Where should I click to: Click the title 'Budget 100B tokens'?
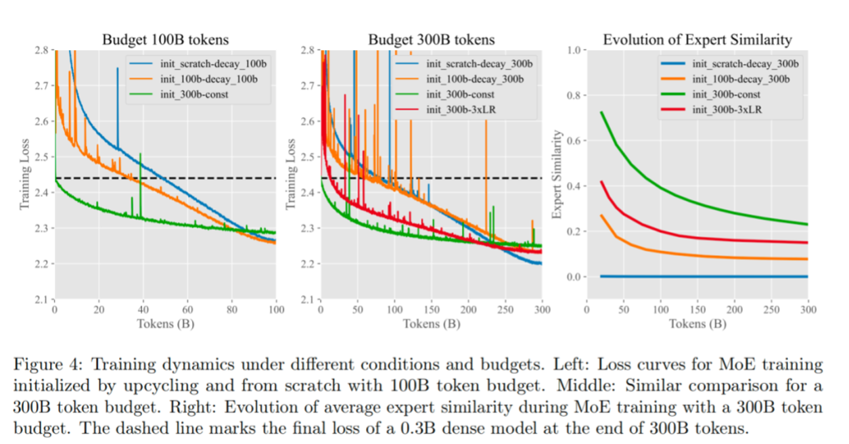[164, 39]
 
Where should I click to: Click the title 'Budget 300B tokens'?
[431, 39]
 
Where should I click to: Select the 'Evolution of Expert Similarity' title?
[697, 39]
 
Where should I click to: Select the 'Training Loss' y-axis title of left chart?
[25, 175]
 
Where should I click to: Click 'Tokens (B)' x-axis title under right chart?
[697, 324]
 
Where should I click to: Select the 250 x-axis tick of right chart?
[772, 309]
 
